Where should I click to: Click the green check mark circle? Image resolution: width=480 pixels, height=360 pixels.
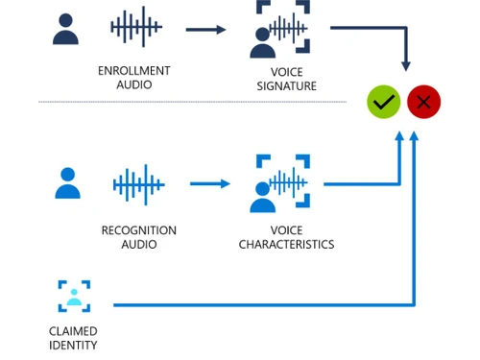coord(384,102)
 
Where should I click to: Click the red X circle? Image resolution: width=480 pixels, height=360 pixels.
coord(423,102)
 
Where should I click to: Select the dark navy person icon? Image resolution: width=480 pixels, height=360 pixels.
coord(65,29)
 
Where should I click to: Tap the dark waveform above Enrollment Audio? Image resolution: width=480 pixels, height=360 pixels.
coord(135,28)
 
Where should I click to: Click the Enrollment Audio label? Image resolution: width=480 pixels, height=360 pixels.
coord(134,78)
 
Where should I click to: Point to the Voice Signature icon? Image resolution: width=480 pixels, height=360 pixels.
coord(282,29)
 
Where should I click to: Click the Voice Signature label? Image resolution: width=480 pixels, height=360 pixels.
coord(286,79)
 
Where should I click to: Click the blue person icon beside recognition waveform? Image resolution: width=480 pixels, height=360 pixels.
coord(67,182)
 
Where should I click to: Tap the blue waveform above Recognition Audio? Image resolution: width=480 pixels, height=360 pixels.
coord(138,183)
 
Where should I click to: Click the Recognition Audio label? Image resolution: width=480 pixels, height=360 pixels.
coord(138,237)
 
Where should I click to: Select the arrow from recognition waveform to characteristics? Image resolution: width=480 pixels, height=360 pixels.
coord(210,183)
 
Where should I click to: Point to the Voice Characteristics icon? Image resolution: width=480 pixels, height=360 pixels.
coord(282,182)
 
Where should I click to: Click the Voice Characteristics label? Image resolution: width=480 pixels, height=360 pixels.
coord(286,237)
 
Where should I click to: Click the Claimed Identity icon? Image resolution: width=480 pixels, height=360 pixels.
coord(74,297)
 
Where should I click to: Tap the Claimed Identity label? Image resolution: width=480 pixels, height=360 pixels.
coord(73,338)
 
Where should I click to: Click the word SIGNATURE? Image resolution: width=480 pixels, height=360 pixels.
coord(286,86)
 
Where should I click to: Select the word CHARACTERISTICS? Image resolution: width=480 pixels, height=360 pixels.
coord(286,245)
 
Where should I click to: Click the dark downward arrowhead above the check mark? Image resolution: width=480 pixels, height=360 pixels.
coord(406,66)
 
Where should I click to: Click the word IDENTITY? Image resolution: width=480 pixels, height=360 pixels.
coord(73,346)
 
